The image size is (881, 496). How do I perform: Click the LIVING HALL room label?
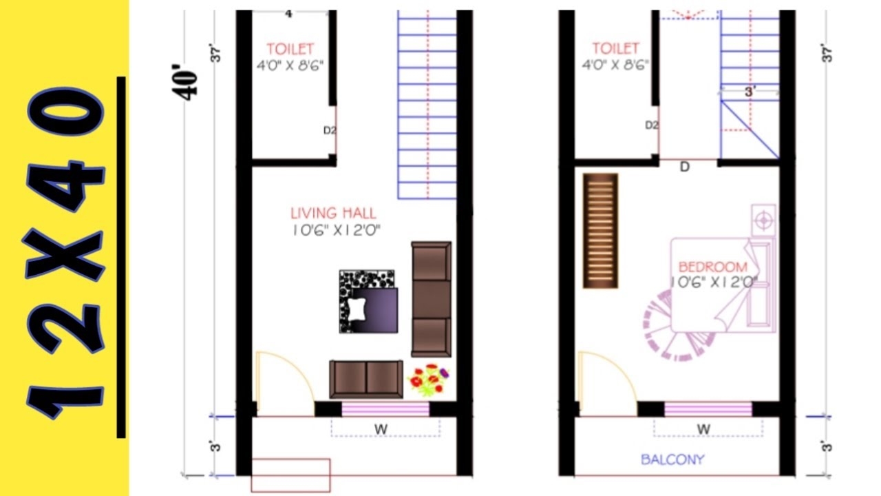[x=333, y=214]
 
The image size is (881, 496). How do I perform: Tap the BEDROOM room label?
[x=712, y=267]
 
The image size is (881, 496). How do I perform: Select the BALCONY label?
[x=672, y=459]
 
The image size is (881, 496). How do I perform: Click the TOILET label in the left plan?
[x=290, y=49]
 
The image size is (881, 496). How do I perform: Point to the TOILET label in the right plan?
[x=615, y=49]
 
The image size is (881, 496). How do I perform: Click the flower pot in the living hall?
[x=429, y=380]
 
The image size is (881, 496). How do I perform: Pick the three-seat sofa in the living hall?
[x=431, y=298]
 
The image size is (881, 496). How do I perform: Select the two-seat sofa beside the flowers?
[x=365, y=378]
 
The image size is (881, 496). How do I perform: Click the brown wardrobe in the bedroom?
[x=600, y=231]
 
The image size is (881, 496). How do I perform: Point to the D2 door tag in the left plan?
[x=329, y=130]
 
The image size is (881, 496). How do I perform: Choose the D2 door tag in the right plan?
[x=651, y=125]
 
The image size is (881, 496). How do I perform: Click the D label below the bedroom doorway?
[x=684, y=167]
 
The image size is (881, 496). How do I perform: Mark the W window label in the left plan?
[x=380, y=429]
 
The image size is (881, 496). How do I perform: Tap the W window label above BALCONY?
[x=703, y=429]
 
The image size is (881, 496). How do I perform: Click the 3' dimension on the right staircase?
[x=750, y=90]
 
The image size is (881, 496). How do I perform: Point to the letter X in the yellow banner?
[x=65, y=255]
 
